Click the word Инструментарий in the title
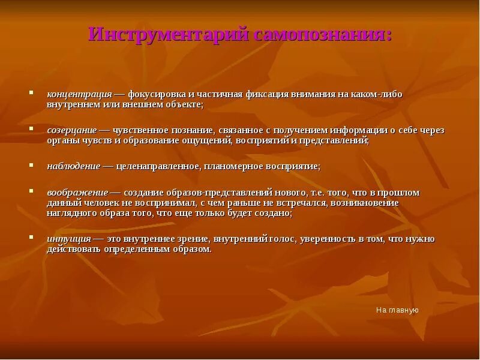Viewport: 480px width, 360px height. (x=168, y=34)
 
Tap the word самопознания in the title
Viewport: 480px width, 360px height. (x=322, y=34)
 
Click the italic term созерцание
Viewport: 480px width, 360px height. (x=71, y=130)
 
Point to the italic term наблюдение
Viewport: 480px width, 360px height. (x=74, y=166)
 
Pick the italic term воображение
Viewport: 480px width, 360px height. (x=77, y=193)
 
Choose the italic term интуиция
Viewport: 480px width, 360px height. (x=69, y=238)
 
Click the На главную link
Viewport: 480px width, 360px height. (x=397, y=310)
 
